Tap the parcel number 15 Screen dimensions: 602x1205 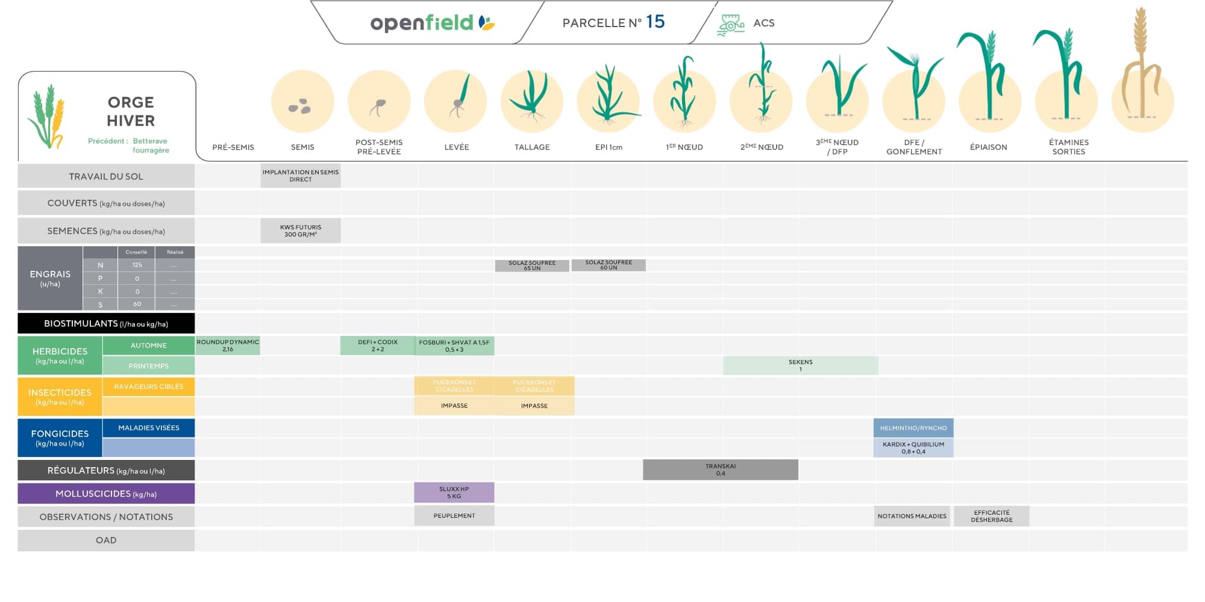655,22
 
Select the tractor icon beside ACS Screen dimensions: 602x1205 731,25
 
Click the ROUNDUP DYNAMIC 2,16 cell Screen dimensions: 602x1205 228,346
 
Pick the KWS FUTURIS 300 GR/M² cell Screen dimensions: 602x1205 301,231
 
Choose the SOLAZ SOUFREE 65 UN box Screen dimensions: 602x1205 532,265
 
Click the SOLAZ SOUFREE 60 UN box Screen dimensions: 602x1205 609,265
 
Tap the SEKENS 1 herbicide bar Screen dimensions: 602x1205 800,365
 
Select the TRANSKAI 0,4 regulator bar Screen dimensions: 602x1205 721,470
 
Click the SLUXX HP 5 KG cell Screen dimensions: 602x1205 454,492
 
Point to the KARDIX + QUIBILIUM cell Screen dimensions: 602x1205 913,448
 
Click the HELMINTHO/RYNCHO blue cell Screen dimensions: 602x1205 913,428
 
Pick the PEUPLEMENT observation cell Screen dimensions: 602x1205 454,516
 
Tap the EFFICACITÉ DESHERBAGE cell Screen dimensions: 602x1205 992,516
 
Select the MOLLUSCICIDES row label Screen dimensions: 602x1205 106,494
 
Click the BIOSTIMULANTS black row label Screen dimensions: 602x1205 106,323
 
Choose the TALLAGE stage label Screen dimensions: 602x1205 532,147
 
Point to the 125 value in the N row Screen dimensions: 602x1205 137,265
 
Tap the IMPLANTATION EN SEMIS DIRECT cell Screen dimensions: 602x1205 301,176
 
